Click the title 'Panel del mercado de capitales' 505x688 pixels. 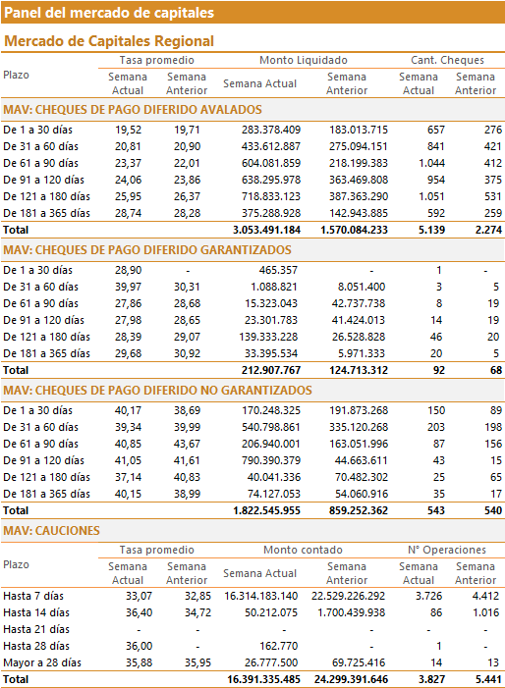(109, 13)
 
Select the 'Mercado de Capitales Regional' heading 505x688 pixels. (109, 41)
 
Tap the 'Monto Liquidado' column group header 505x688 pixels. (304, 60)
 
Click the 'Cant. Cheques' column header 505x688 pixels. (447, 60)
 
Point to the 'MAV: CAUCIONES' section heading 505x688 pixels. (51, 531)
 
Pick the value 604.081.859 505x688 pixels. (271, 163)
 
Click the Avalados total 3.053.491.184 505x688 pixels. (266, 230)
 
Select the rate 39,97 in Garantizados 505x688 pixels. (129, 287)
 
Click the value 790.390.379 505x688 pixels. (271, 460)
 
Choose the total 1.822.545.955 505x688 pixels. (266, 510)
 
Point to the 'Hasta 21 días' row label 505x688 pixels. (36, 630)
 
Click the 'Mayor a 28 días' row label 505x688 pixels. (42, 663)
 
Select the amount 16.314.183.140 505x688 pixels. (260, 597)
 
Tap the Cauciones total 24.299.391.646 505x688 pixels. (352, 680)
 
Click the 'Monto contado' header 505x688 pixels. (303, 550)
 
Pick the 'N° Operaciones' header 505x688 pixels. (447, 550)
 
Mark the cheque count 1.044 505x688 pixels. (431, 163)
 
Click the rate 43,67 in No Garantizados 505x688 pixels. (187, 444)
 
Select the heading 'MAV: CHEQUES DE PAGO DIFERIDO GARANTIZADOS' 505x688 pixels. (147, 250)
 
